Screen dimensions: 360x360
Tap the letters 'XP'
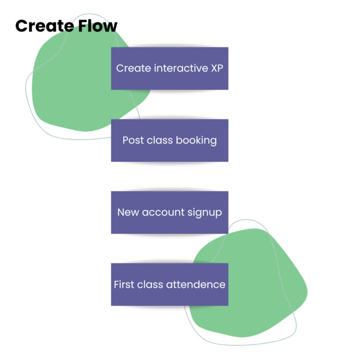pyautogui.click(x=217, y=68)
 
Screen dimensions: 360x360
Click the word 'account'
pyautogui.click(x=161, y=212)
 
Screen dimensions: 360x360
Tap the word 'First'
pyautogui.click(x=124, y=285)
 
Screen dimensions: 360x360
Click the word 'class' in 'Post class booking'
pyautogui.click(x=159, y=141)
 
